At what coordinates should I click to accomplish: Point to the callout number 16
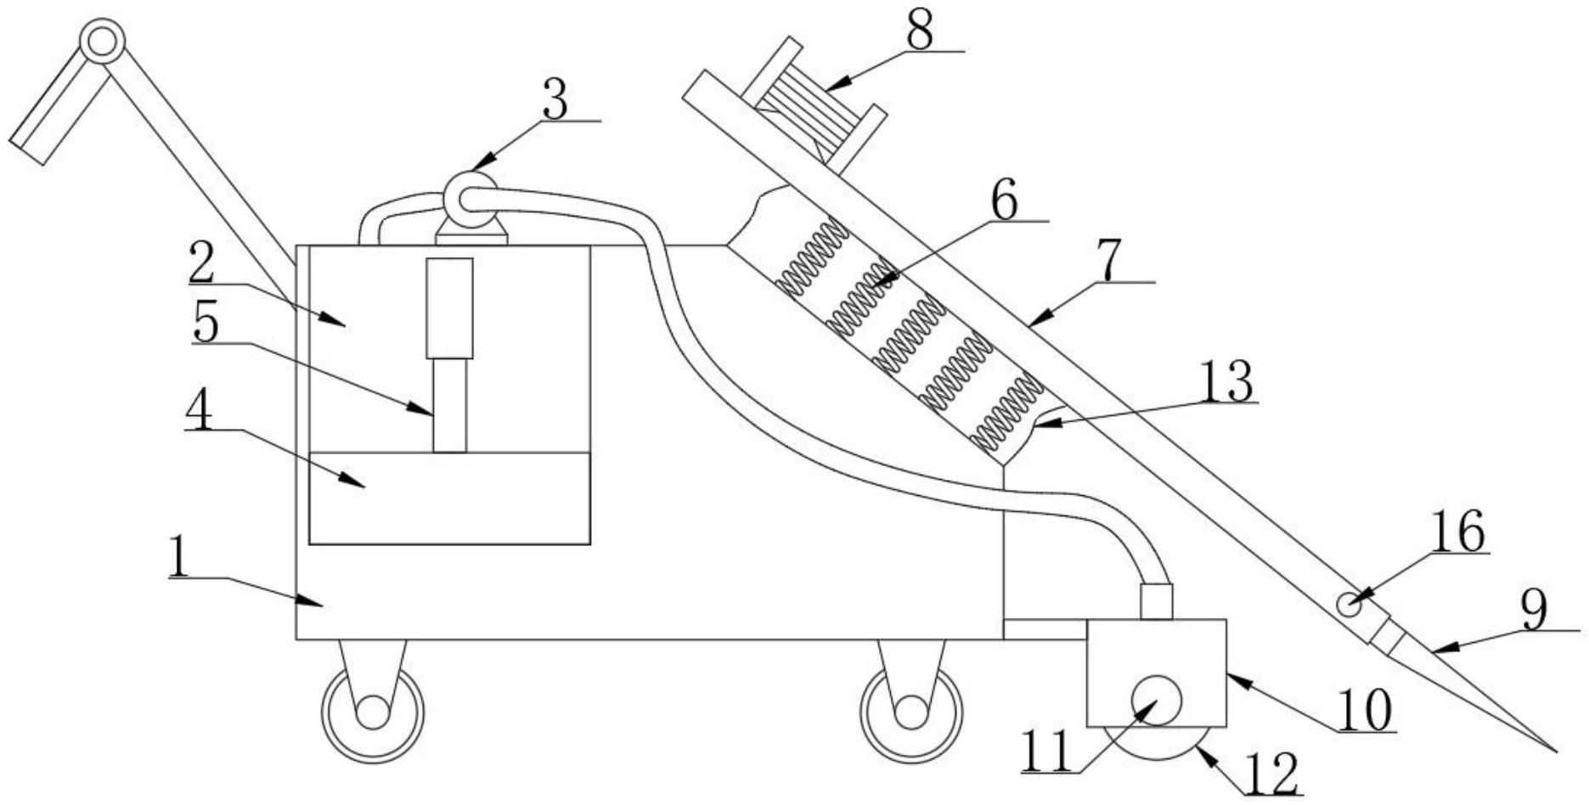[1459, 532]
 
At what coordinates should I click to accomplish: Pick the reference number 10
[1365, 710]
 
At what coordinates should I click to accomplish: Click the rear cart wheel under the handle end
[372, 711]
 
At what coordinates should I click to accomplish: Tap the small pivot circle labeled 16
[1349, 605]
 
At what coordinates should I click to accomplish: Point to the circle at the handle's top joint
[102, 41]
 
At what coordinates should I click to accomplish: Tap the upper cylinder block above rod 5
[449, 307]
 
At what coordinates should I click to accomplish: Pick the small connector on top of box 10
[1156, 601]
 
